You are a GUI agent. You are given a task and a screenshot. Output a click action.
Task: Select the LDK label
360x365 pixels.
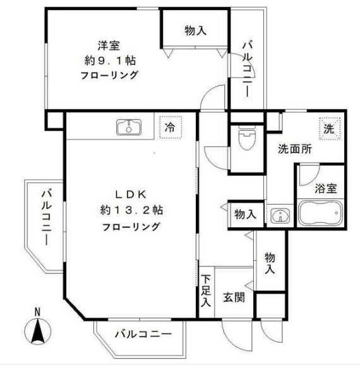[x=131, y=194]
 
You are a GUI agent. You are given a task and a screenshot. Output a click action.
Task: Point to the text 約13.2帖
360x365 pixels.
[x=131, y=210]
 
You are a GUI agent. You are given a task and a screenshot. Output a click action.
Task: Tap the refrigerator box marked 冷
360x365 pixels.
[x=169, y=127]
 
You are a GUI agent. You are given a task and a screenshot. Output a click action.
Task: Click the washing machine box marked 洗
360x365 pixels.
[x=329, y=128]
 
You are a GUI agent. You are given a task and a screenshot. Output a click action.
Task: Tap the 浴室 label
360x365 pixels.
[x=326, y=188]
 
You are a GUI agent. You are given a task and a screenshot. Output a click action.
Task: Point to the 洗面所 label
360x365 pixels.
[x=296, y=150]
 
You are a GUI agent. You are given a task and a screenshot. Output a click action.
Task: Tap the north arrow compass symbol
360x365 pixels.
[x=37, y=332]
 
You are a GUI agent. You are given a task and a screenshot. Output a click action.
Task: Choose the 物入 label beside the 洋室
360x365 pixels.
[x=195, y=30]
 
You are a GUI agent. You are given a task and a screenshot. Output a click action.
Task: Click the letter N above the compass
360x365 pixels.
[x=37, y=311]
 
